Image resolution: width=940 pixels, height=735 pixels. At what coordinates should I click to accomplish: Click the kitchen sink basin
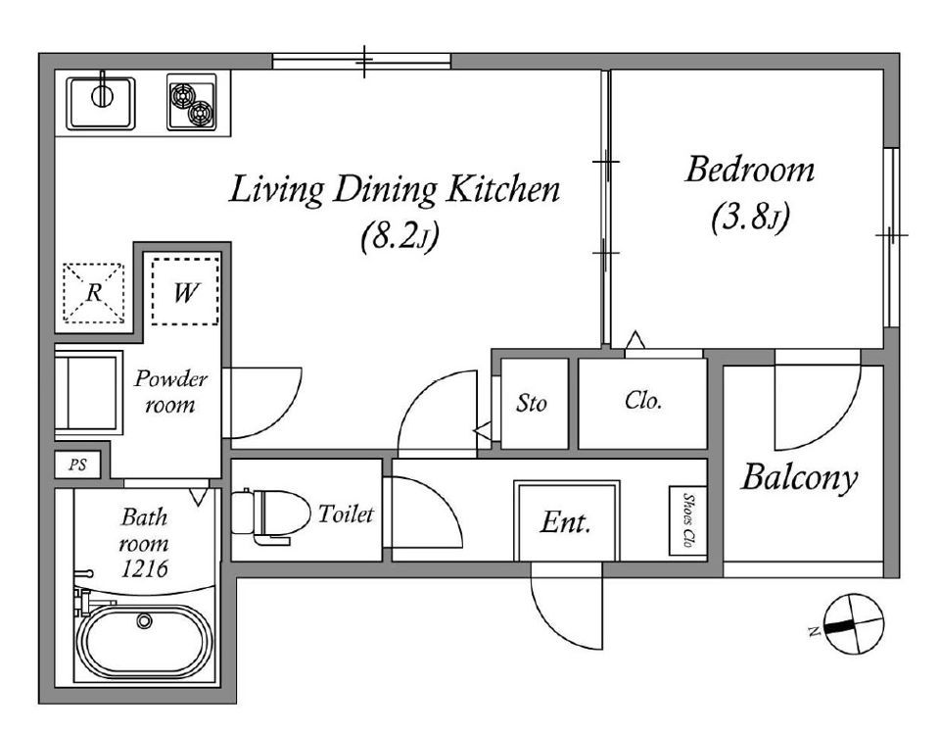coord(101,103)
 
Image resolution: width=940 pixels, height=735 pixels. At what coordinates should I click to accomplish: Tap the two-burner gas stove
coord(192,102)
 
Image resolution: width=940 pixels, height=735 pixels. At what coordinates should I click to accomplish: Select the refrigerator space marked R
coord(94,293)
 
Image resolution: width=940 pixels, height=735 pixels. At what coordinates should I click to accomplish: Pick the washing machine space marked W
coord(185,292)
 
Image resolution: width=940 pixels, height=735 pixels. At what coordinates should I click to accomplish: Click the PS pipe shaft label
coord(76,465)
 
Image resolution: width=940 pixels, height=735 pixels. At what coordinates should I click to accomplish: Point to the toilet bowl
coord(270,514)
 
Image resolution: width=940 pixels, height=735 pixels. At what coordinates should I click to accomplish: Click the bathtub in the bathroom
coord(145,641)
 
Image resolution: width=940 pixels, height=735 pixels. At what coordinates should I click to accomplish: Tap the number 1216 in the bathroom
coord(144,568)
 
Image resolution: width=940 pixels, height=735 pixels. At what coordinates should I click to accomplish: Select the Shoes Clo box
coord(688,519)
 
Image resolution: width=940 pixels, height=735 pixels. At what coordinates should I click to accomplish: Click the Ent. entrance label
coord(565,522)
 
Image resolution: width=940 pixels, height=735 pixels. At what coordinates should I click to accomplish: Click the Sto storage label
coord(531,403)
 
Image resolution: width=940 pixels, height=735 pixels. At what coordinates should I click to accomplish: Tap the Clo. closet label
coord(642,400)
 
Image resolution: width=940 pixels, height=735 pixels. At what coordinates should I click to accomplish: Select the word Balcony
coord(799,478)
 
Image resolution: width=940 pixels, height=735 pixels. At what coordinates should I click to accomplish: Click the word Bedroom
coord(750,170)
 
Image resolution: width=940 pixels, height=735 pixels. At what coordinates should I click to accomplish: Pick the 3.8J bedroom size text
coord(750,219)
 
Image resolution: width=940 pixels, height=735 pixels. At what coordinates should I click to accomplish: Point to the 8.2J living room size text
coord(399,237)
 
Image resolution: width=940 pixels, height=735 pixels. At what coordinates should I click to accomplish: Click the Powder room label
coord(170,391)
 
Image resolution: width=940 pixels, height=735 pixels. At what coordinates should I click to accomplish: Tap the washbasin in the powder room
coord(89,392)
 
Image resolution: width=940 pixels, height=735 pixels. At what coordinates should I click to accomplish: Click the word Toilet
coord(346,514)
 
